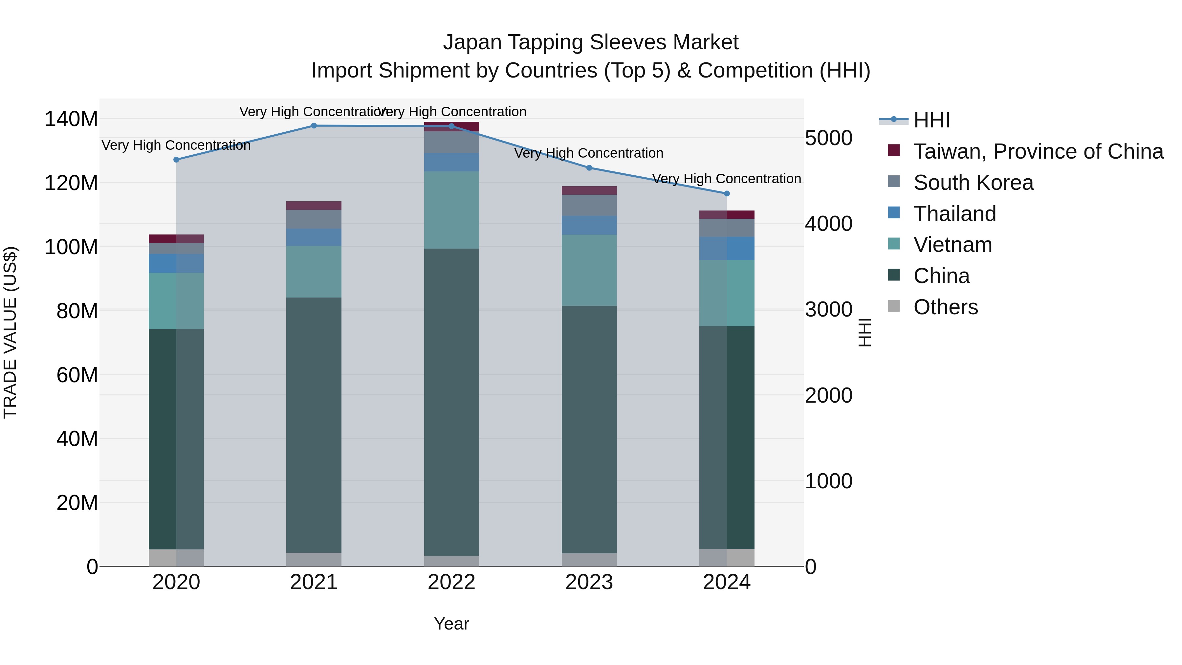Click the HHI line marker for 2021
tap(314, 126)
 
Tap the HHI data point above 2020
tap(176, 160)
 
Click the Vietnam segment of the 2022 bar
tap(451, 210)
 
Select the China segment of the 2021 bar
tap(314, 425)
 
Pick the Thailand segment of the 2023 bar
tap(589, 225)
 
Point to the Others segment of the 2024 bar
tap(727, 558)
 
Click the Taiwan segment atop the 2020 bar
tap(176, 239)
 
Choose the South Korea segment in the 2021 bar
tap(314, 219)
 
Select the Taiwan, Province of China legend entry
tap(1038, 151)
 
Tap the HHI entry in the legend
tap(931, 120)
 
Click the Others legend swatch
tap(894, 306)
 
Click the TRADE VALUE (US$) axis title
tap(10, 332)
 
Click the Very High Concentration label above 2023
tap(589, 153)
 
